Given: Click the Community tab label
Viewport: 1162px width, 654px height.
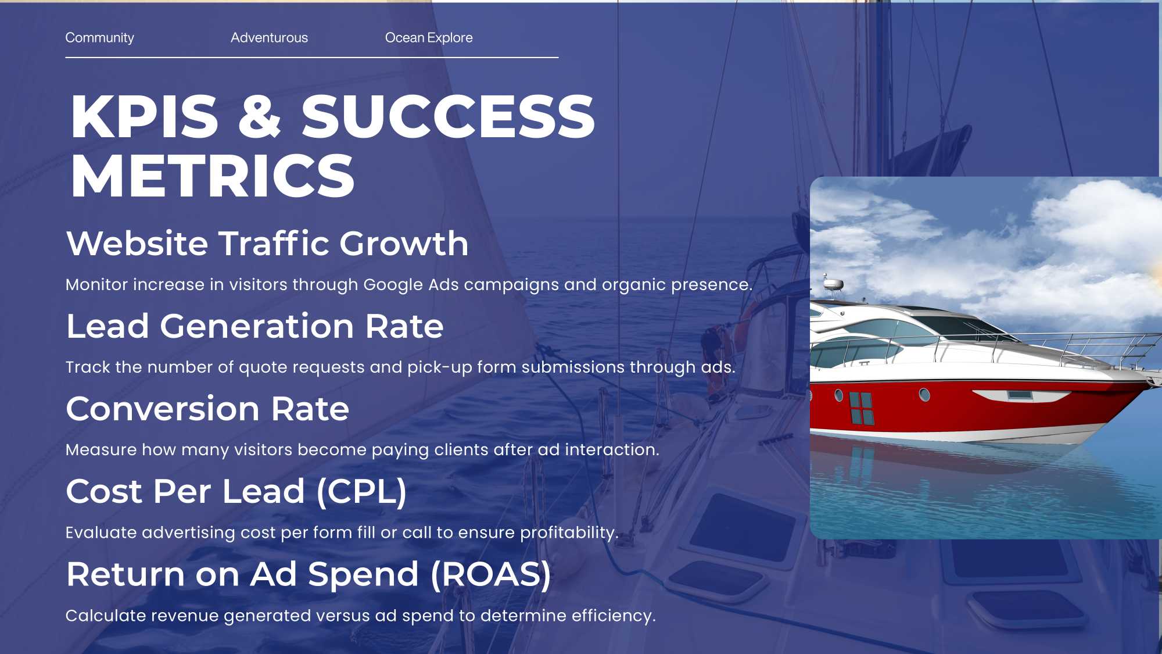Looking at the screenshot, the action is (99, 38).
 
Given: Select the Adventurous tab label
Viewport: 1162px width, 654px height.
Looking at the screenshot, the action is (269, 38).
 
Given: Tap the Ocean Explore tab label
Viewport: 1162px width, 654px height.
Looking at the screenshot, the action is (429, 38).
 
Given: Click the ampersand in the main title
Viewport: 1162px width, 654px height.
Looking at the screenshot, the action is (260, 116).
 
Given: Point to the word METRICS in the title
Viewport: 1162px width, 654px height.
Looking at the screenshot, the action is (213, 176).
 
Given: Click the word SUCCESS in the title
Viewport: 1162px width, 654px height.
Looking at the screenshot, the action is (448, 116).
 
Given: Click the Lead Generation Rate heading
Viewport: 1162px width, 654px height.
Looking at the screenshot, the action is (254, 326).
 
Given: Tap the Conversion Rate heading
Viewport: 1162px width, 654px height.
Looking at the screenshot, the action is (207, 409).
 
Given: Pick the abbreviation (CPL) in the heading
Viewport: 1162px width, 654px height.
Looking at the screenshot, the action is (361, 492).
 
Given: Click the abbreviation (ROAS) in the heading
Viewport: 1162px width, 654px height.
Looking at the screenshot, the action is (490, 574).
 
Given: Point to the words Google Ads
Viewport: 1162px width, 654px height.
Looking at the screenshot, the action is (411, 285).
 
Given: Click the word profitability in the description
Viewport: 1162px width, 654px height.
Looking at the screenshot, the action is (569, 533).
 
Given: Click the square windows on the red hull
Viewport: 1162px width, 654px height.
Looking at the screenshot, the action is (862, 408).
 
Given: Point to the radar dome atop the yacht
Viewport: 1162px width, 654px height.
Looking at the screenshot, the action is (833, 284).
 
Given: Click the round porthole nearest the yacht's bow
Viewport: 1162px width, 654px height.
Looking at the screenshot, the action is (924, 395).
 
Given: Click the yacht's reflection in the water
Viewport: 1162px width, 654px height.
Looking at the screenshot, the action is (959, 465).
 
